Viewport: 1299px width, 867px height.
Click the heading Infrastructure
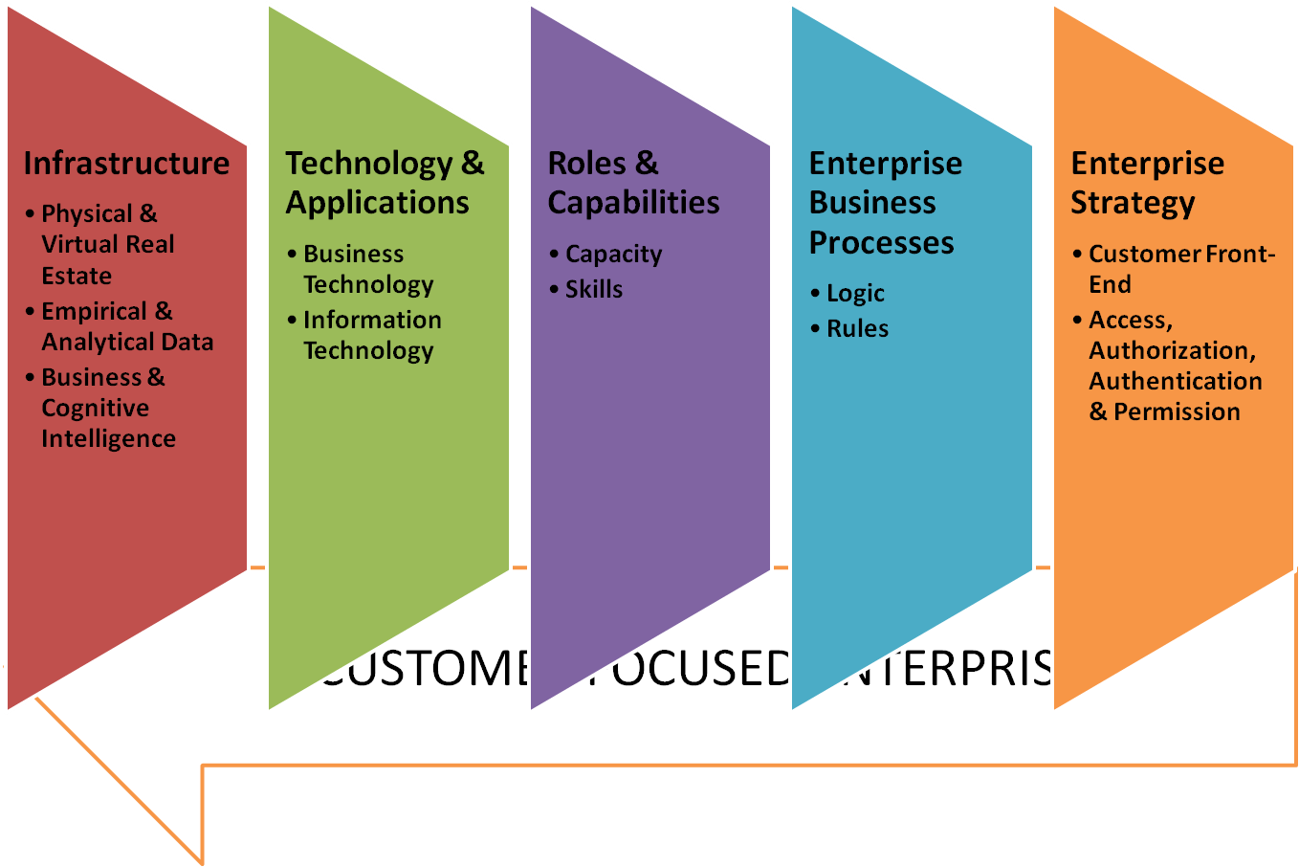coord(126,164)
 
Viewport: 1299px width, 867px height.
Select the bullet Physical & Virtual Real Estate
coord(107,244)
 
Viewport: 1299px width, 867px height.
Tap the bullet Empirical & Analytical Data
coord(126,326)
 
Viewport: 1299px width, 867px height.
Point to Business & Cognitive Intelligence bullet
coord(108,408)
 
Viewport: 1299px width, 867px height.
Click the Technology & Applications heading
coord(385,183)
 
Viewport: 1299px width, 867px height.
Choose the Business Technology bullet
coord(367,269)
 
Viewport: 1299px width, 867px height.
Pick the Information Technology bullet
coord(372,335)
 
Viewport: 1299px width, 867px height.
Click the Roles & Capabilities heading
coord(633,183)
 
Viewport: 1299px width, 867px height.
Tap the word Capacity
coord(613,255)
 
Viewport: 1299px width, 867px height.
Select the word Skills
coord(593,289)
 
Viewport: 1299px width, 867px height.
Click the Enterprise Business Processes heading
coord(885,203)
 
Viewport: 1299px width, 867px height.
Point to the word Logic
coord(855,294)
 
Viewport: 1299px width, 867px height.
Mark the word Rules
coord(857,328)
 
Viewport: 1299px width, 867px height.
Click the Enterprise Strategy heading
coord(1147,183)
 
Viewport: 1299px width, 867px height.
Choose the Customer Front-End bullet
coord(1181,269)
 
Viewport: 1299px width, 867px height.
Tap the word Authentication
coord(1175,381)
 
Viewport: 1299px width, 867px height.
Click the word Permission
coord(1177,411)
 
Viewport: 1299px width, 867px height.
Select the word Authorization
coord(1172,350)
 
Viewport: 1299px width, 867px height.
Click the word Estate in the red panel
coord(77,276)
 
